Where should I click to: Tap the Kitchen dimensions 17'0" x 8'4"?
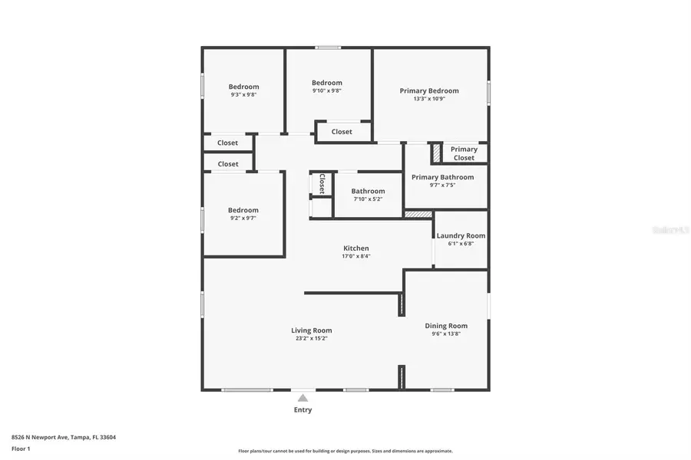point(355,256)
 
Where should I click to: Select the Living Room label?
point(311,330)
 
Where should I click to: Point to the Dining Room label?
point(446,326)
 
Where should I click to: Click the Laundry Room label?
point(461,235)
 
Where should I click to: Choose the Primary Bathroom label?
point(441,177)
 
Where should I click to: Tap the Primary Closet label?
point(464,153)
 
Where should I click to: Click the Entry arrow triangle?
point(303,398)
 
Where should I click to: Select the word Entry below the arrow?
point(303,410)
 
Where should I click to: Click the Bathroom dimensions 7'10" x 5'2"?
point(368,199)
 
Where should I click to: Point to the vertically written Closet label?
point(322,183)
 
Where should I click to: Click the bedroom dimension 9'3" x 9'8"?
point(243,95)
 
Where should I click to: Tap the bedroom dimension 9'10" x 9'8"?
point(326,90)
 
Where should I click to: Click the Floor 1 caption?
point(21,449)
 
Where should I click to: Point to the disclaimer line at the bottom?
point(345,451)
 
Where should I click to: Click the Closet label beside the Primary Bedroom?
point(342,132)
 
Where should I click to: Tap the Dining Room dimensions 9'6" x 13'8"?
point(446,333)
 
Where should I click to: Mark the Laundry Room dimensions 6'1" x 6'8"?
point(461,244)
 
